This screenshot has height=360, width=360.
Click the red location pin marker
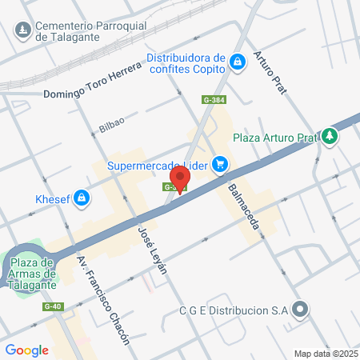pos(180,178)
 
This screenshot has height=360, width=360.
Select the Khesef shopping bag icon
pos(82,198)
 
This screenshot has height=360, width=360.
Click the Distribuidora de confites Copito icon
pos(237,62)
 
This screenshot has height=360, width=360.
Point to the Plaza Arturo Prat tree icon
pos(329,137)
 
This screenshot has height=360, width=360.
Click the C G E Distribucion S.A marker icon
pos(300,309)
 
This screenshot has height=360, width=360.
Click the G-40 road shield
pos(53,306)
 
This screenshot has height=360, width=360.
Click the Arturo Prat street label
pos(270,78)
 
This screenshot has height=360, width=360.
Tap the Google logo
pos(27,350)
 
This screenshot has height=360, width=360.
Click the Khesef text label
pos(53,198)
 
